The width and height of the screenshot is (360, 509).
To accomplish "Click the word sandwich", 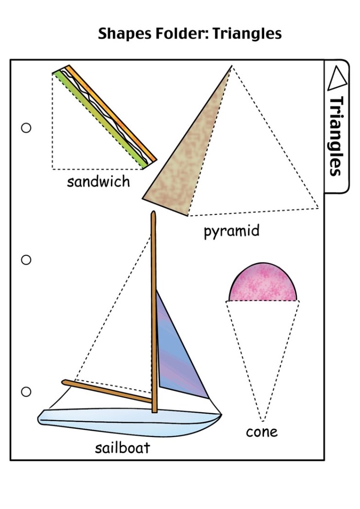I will (98, 182).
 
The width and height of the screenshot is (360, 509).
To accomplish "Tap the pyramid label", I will (232, 231).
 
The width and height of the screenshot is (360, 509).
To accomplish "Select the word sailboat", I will (122, 447).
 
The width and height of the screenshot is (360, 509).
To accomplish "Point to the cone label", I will (262, 431).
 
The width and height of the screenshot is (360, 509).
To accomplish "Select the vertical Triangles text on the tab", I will (337, 136).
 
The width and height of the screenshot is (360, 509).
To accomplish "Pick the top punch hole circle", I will (26, 128).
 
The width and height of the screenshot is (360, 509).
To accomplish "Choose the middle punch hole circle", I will (26, 260).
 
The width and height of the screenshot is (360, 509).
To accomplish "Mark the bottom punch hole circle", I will (26, 391).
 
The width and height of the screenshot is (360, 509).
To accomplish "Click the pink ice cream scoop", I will (263, 284).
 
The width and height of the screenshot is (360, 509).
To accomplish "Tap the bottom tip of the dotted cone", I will (263, 420).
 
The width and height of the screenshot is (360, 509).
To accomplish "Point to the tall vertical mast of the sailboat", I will (154, 311).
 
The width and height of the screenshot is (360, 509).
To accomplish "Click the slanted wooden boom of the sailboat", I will (107, 391).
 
